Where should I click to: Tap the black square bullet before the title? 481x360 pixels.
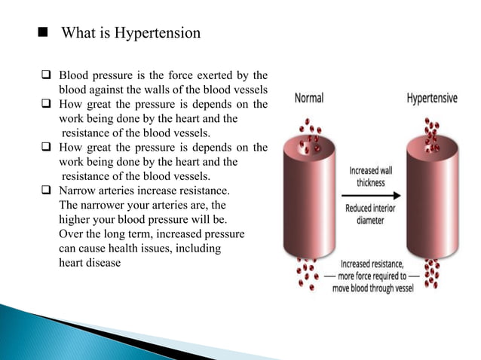pos(42,33)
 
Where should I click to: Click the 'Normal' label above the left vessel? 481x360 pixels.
pos(309,98)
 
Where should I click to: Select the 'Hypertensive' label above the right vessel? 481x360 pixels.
pos(432,98)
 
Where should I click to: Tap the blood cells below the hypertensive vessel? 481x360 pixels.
pos(433,275)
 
